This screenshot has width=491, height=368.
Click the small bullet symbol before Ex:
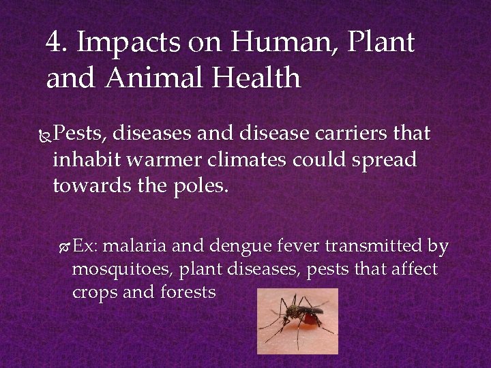65,245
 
